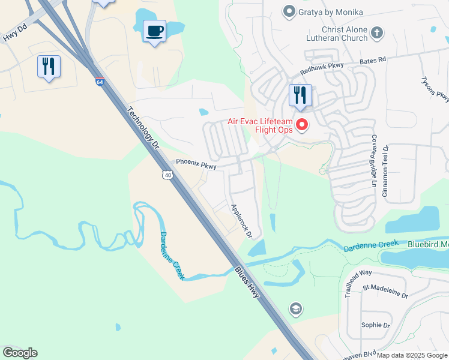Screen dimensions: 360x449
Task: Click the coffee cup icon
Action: [154, 31]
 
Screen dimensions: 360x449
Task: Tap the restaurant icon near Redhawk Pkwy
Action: [300, 95]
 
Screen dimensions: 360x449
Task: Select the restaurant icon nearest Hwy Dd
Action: [49, 66]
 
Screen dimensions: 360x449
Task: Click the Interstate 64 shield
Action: [99, 82]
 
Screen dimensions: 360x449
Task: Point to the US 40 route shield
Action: [167, 174]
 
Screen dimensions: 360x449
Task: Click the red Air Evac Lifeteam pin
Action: [303, 125]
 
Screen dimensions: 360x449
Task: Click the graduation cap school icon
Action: [295, 309]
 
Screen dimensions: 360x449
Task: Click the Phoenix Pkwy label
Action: [196, 163]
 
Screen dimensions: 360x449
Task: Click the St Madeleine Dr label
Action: [385, 295]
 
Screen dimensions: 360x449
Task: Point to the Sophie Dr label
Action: [376, 325]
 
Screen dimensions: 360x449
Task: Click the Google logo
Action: [20, 353]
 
